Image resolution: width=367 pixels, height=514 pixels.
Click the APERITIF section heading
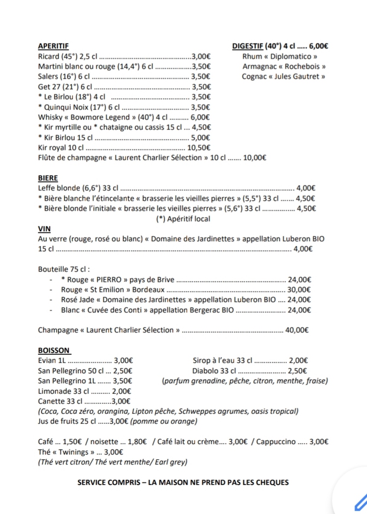click(x=53, y=46)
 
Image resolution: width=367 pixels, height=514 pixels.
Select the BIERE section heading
click(x=48, y=178)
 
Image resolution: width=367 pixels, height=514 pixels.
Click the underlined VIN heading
click(x=44, y=229)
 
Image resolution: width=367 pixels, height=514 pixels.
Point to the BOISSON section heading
click(x=54, y=350)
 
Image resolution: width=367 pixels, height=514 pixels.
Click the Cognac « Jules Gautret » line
click(x=284, y=77)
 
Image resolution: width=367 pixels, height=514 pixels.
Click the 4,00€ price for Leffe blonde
click(x=305, y=188)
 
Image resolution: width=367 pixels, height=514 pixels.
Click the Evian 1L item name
click(x=51, y=360)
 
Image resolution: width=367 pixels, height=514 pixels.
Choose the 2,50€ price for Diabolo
click(x=298, y=371)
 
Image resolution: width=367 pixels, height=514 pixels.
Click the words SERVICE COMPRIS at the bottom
click(x=104, y=482)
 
